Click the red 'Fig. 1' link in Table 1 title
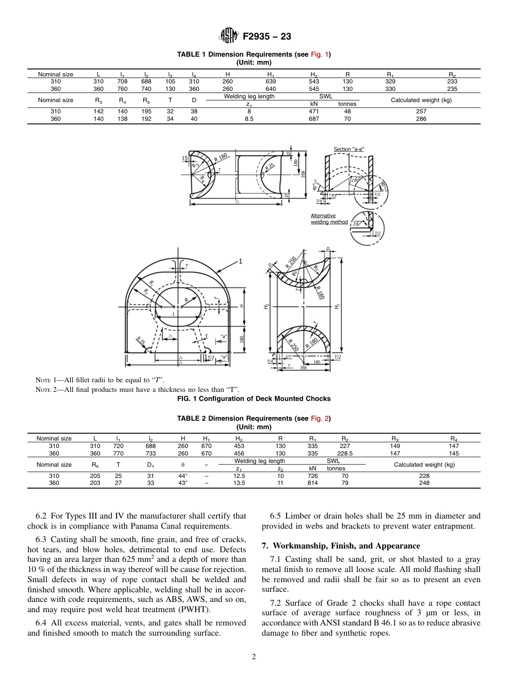(321, 55)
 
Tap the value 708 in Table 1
(123, 81)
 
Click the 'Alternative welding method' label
(329, 219)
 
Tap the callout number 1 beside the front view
(241, 261)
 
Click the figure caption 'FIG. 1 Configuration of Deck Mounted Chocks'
(253, 398)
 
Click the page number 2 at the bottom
(254, 657)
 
